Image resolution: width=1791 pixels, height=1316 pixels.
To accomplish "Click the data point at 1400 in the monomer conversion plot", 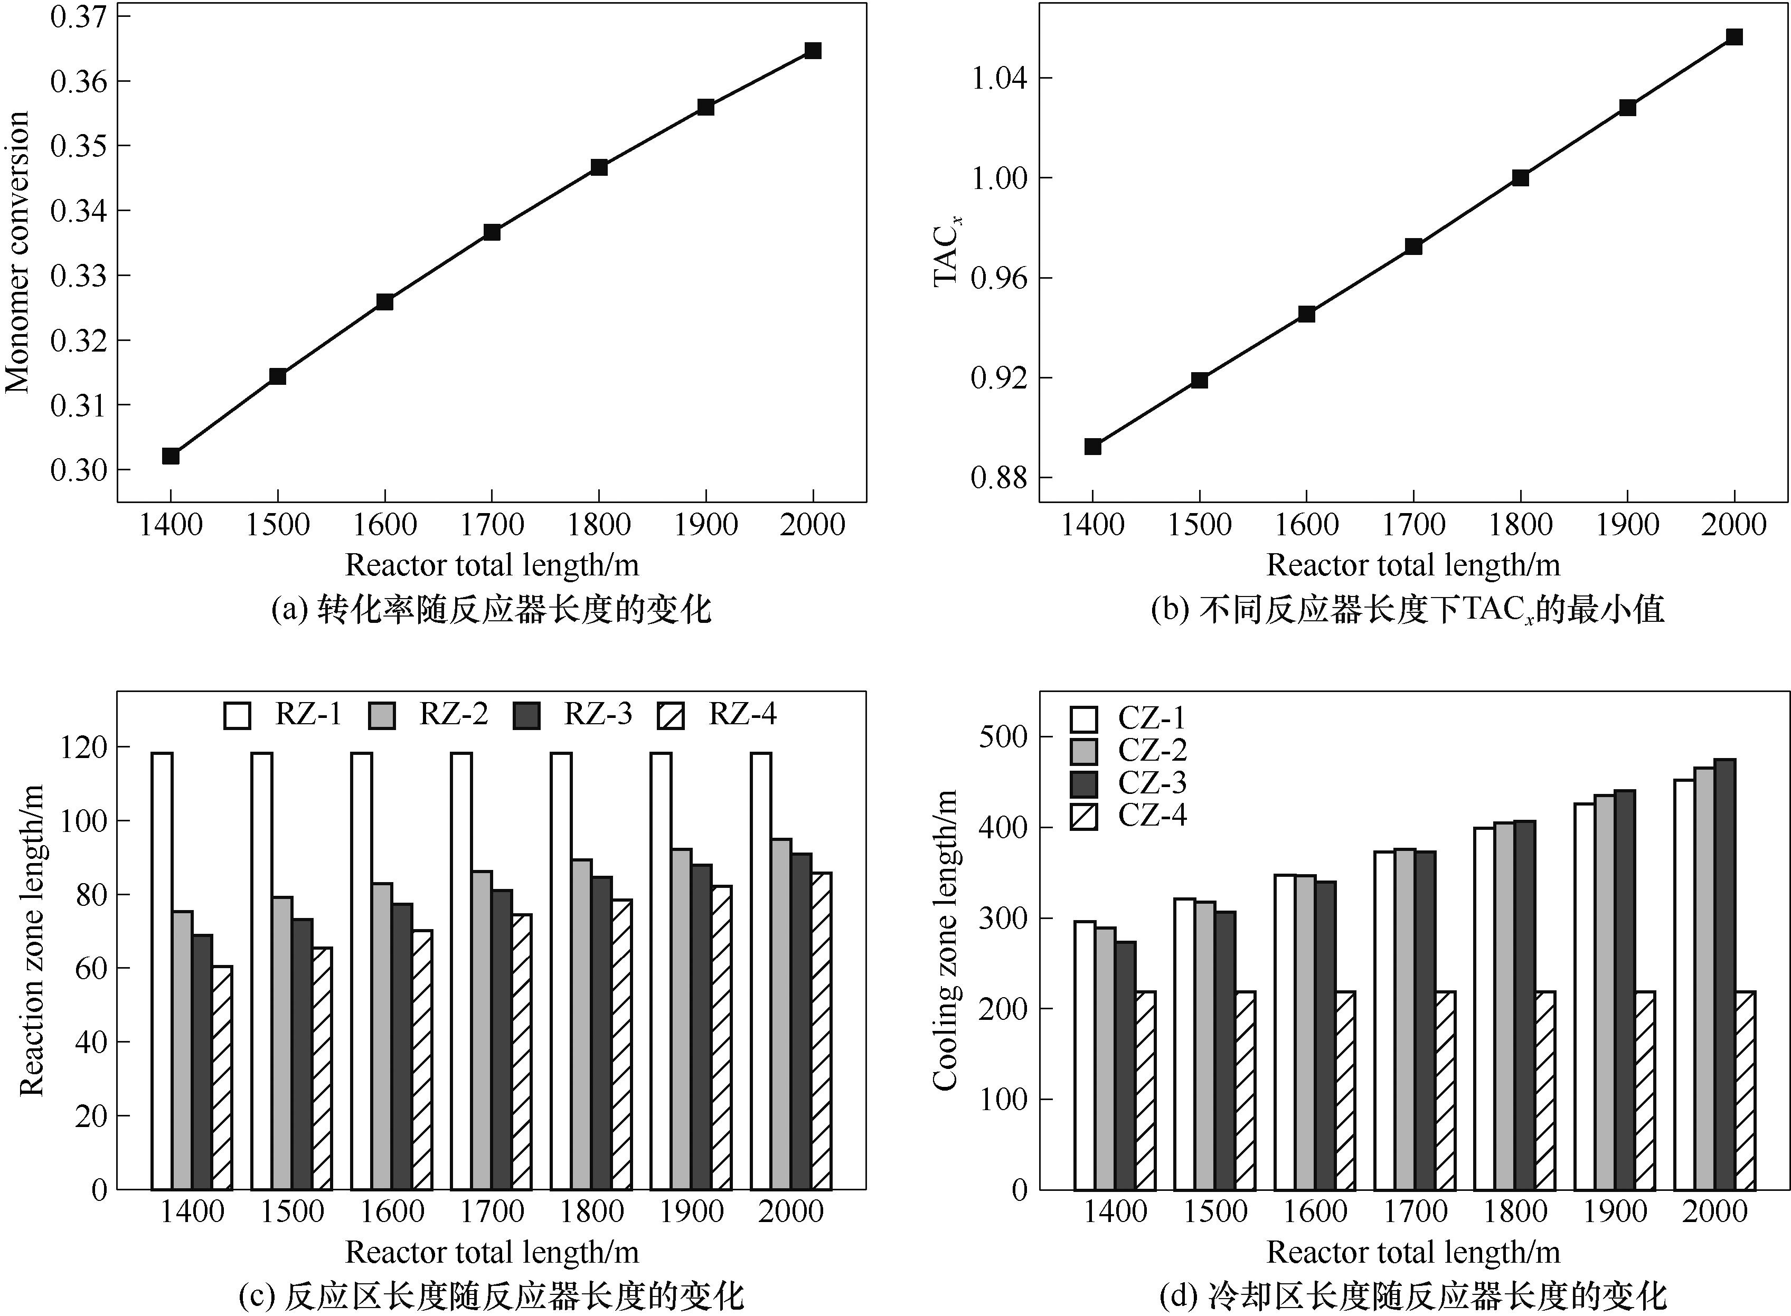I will pyautogui.click(x=171, y=456).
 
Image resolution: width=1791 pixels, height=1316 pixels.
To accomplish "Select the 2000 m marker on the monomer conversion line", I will pyautogui.click(x=813, y=51).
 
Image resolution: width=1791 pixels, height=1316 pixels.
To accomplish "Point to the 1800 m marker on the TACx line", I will pyautogui.click(x=1520, y=178).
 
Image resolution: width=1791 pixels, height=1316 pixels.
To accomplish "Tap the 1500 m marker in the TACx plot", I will pyautogui.click(x=1199, y=380).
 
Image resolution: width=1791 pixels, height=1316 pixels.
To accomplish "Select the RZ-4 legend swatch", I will pyautogui.click(x=671, y=715).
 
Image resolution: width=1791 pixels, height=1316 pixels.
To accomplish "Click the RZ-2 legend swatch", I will pyautogui.click(x=382, y=715).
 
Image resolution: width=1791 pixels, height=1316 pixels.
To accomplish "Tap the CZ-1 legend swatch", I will pyautogui.click(x=1083, y=718).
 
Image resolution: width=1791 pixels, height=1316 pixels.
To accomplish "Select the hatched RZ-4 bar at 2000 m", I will pyautogui.click(x=822, y=1031).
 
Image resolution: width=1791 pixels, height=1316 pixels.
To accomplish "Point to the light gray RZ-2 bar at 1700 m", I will pyautogui.click(x=481, y=1030).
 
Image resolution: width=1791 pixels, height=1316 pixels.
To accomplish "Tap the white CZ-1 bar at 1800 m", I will pyautogui.click(x=1484, y=1008).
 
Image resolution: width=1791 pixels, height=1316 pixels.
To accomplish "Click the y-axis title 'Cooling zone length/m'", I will pyautogui.click(x=945, y=941).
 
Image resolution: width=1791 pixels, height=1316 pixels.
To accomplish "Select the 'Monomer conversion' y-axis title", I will pyautogui.click(x=17, y=252).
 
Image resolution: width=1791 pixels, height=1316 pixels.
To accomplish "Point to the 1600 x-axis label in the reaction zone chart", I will pyautogui.click(x=392, y=1211).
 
